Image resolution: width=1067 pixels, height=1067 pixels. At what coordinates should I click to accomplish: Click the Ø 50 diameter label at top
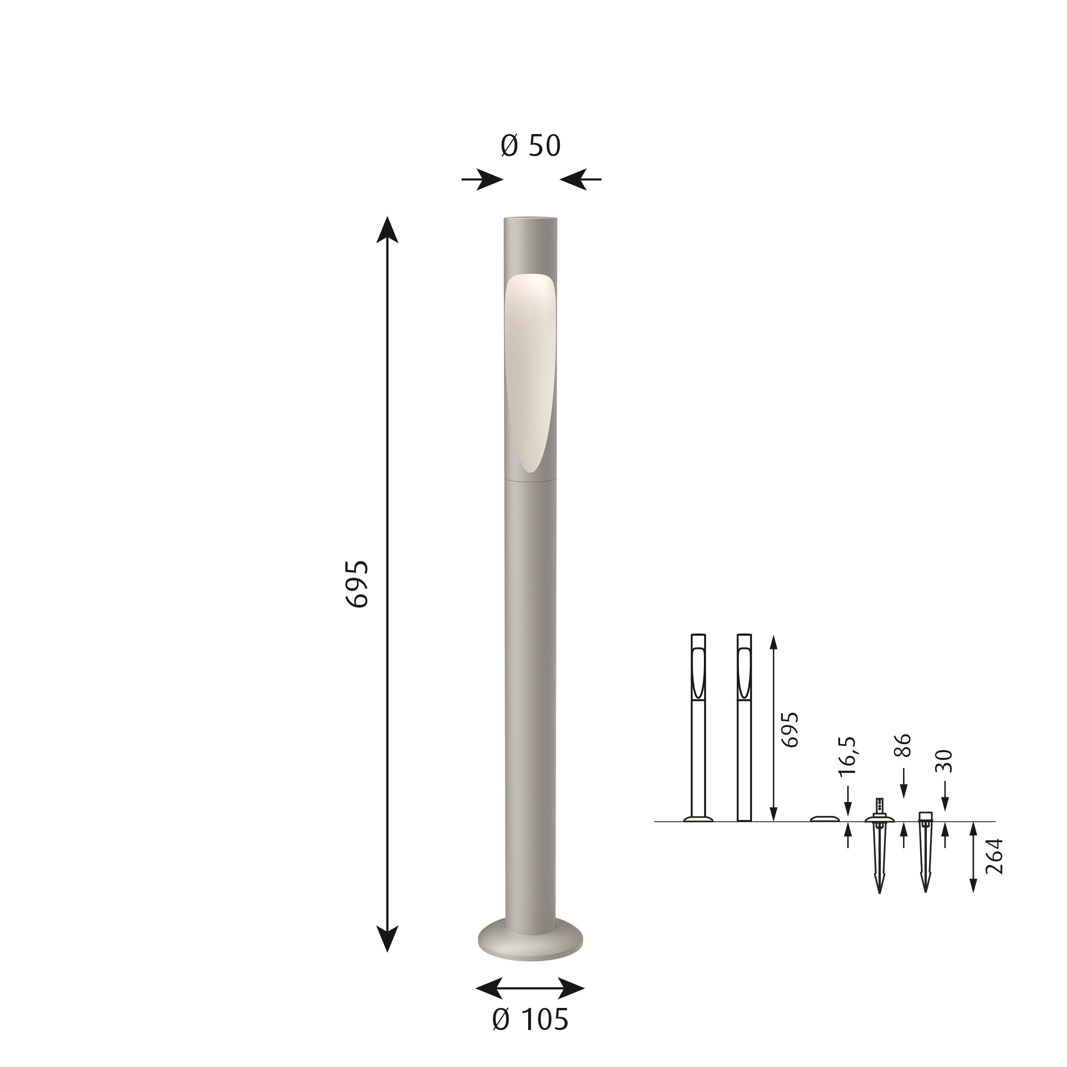(x=530, y=146)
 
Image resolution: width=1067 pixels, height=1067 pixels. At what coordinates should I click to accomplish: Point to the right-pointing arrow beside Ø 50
(x=482, y=180)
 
